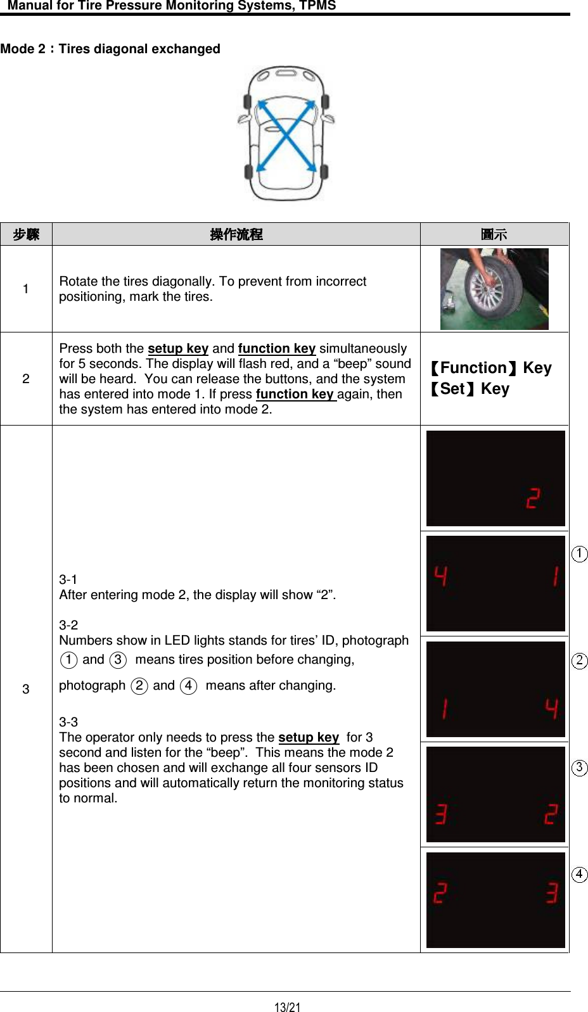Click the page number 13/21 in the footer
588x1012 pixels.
coord(287,1007)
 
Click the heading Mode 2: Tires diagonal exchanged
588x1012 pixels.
coord(110,49)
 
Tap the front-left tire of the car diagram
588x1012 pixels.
coord(248,102)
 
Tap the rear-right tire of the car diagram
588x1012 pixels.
coord(324,171)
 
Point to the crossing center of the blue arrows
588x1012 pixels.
coord(287,136)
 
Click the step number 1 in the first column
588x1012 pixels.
coord(26,289)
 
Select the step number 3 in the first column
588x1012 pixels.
coord(26,689)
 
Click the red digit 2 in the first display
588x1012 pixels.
coord(533,498)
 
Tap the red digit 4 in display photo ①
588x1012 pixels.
coord(441,576)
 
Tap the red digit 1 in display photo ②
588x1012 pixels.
coord(445,708)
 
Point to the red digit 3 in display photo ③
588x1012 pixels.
coord(441,814)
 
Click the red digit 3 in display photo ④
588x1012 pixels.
coord(552,893)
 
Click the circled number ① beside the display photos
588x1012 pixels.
coord(579,554)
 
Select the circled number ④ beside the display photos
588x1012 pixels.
coord(579,875)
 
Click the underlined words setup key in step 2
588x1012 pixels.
coord(178,348)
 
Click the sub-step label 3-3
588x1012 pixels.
coord(68,722)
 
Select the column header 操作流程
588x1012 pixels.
coord(236,234)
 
